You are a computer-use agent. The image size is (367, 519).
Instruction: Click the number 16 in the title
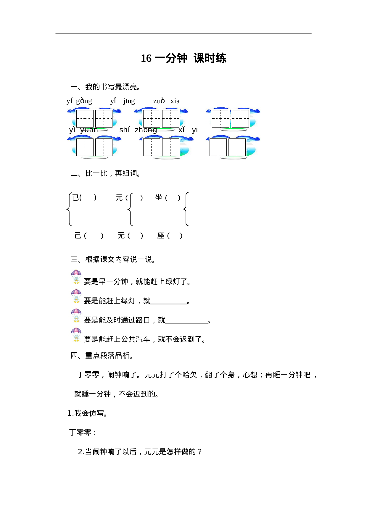pos(146,58)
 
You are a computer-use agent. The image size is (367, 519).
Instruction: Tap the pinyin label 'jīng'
pos(129,101)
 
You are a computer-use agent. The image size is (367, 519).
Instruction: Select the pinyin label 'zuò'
pos(159,101)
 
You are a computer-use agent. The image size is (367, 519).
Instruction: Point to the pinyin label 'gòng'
pos(84,101)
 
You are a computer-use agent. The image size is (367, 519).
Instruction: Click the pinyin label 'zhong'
pos(146,130)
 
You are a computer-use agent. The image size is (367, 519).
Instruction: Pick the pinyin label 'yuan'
pos(89,130)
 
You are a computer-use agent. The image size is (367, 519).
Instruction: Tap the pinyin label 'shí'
pos(125,130)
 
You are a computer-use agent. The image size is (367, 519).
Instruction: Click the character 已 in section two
pos(75,197)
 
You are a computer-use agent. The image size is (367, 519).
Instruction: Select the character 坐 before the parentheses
pos(159,197)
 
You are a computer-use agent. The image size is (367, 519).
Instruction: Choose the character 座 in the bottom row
pos(161,236)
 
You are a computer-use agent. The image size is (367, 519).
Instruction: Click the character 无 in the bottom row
pos(121,236)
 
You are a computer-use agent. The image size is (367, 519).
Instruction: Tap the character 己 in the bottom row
pos(78,236)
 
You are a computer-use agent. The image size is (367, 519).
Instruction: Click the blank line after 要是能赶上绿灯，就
pos(169,303)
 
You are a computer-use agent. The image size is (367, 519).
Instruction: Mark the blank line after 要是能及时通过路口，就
pos(186,322)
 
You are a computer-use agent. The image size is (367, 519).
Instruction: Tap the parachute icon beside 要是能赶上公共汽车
pos(76,335)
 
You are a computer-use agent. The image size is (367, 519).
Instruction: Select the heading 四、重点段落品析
pos(102,355)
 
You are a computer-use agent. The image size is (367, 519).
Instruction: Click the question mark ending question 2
pos(199,452)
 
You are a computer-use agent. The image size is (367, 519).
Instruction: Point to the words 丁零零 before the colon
pos(80,432)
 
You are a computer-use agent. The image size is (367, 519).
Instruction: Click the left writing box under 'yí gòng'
pos(85,119)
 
